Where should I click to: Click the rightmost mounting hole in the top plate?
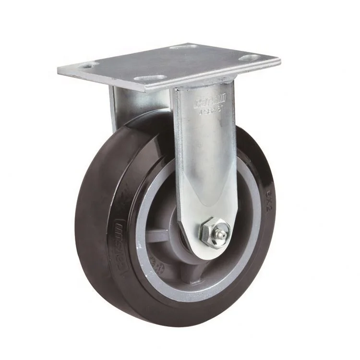coord(249,58)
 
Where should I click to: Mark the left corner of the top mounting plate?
coord(59,70)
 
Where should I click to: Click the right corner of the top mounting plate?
coord(279,61)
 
